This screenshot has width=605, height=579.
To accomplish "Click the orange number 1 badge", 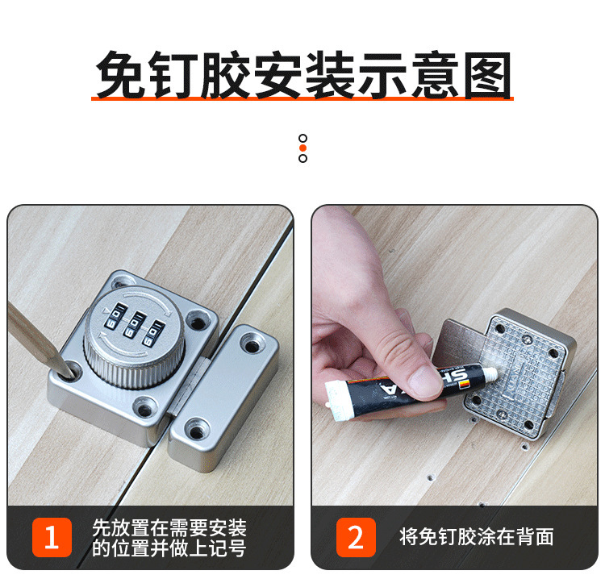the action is (52, 537).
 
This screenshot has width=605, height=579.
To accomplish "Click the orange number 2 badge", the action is (356, 537).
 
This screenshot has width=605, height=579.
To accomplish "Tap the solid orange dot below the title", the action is (302, 148).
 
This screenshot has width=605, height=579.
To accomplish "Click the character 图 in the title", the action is (488, 74).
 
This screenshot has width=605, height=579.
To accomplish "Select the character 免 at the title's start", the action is (120, 74).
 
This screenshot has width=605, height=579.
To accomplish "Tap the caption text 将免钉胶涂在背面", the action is (477, 537).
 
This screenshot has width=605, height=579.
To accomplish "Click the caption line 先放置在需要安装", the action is (169, 527).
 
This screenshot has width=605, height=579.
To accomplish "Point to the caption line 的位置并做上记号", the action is (169, 548).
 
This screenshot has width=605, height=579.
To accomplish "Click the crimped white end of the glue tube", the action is (335, 400).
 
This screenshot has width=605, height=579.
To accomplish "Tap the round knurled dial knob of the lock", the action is (134, 335).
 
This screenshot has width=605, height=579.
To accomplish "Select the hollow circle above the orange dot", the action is (302, 138).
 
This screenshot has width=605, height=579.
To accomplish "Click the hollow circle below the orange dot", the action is (302, 158).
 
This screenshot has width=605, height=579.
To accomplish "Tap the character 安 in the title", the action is (277, 74).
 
